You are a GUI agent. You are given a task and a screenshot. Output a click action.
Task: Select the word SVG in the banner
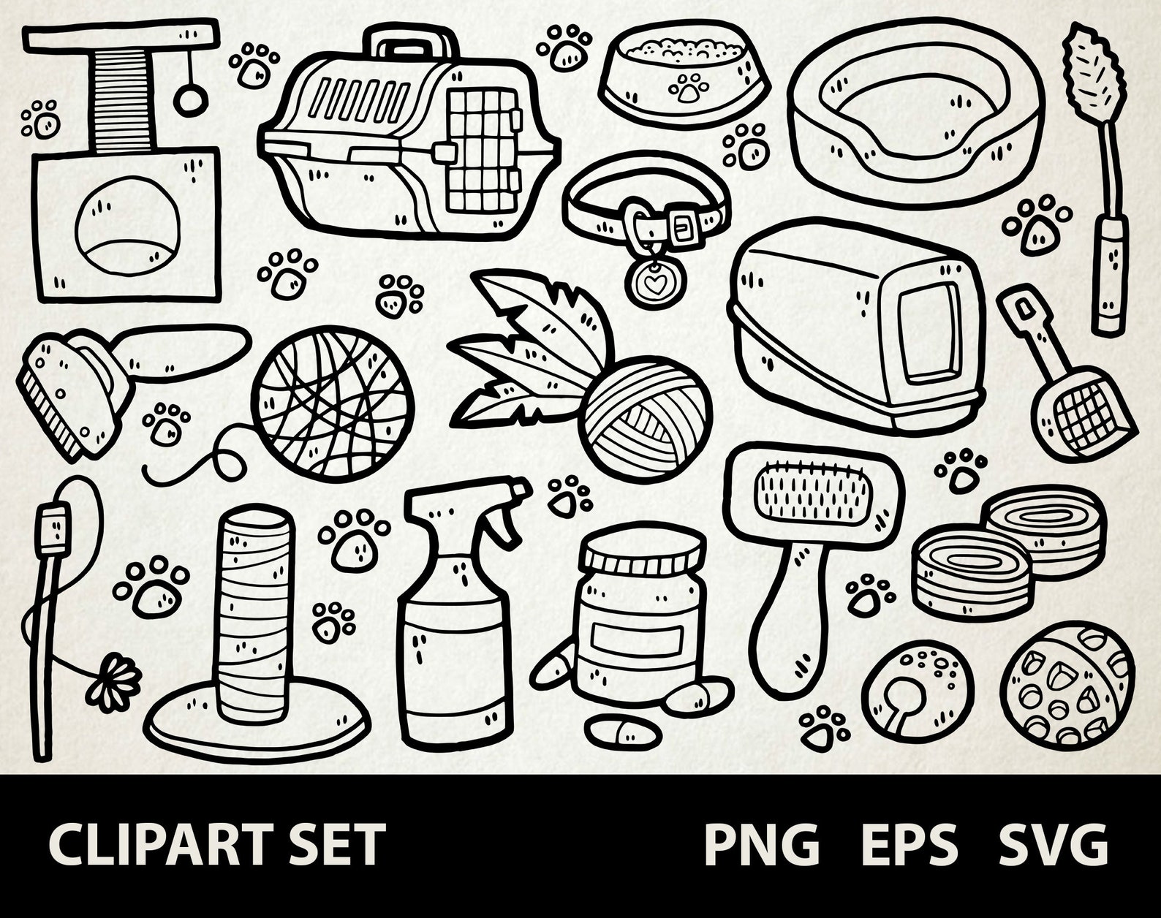pos(1054,845)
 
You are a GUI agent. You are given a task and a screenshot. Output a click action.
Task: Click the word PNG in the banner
pos(761,845)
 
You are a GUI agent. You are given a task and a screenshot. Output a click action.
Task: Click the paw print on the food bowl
pos(688,88)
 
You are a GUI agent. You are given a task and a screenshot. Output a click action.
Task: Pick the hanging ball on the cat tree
pos(188,100)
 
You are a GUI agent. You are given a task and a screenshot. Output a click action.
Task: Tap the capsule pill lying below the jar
pos(623,730)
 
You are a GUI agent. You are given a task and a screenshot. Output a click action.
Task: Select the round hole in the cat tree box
pos(128,228)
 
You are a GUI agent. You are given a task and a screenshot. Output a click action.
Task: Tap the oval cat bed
pos(914,110)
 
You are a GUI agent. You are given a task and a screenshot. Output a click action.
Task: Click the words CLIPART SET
pos(217,845)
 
